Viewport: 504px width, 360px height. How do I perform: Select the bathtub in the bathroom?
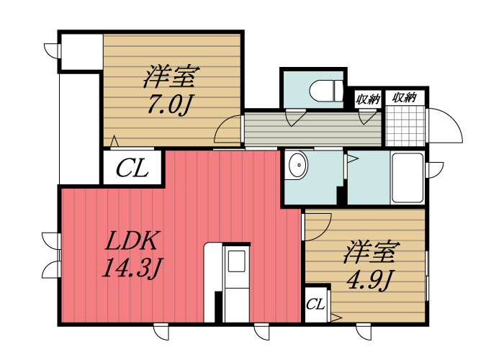[x=407, y=179]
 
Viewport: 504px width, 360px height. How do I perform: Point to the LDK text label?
[x=132, y=240]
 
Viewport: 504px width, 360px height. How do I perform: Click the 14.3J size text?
[x=130, y=269]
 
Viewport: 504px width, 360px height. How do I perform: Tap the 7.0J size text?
[x=169, y=104]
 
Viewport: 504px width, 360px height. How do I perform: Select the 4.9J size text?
[x=371, y=279]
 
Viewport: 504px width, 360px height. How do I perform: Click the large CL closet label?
[x=133, y=170]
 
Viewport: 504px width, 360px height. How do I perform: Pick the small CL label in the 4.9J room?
[x=315, y=304]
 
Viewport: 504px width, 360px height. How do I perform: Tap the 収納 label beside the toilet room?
[x=368, y=99]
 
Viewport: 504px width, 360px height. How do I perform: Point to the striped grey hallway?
[x=311, y=128]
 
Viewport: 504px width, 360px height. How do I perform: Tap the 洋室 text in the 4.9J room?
[x=371, y=252]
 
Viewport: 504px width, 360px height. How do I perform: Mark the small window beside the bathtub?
[x=435, y=169]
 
